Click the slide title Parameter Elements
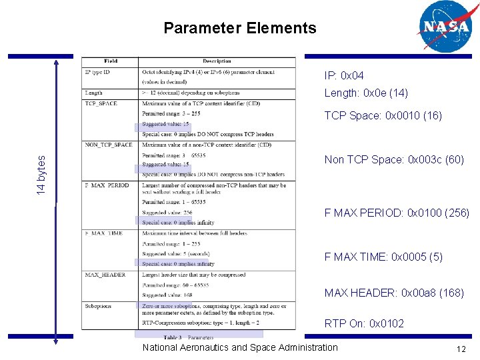(240, 28)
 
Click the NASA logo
(444, 26)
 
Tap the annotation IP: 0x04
(344, 76)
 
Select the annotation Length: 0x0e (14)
(366, 93)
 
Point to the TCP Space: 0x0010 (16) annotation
(383, 115)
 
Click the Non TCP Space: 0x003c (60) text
(393, 160)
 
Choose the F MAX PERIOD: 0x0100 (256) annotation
(397, 213)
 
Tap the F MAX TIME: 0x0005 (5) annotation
(383, 257)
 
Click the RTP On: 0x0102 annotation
(364, 323)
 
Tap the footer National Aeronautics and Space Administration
(240, 347)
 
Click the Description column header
(217, 61)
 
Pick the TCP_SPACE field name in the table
(101, 103)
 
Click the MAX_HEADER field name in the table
(101, 275)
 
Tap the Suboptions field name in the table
(98, 306)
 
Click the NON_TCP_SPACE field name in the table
(108, 145)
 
